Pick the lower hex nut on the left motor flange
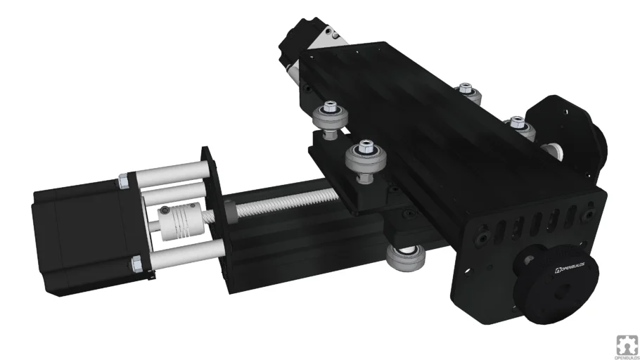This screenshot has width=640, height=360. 136,265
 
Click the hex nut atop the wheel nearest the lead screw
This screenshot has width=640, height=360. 364,148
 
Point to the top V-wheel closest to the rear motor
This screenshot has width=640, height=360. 328,112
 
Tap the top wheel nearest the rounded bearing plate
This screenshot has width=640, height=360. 517,125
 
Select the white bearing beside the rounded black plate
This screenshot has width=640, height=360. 556,149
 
